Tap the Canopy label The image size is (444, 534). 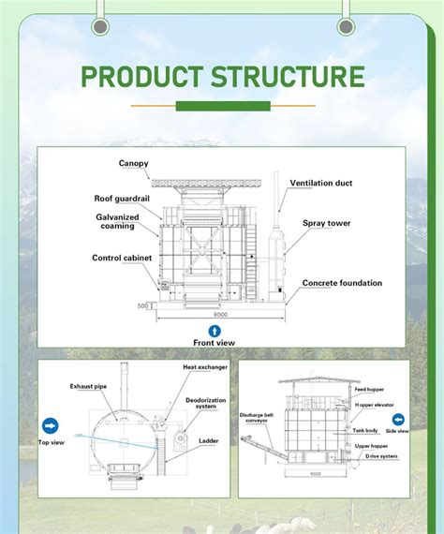tap(133, 164)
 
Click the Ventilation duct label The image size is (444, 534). tap(321, 183)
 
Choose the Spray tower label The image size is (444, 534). tap(326, 223)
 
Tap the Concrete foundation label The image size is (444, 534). tap(342, 283)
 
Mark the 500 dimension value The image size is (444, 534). tap(142, 305)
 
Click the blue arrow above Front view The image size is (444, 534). tap(214, 331)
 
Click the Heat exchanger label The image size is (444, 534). tap(204, 367)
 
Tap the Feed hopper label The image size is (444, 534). tap(368, 389)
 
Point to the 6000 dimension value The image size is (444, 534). tap(317, 499)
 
